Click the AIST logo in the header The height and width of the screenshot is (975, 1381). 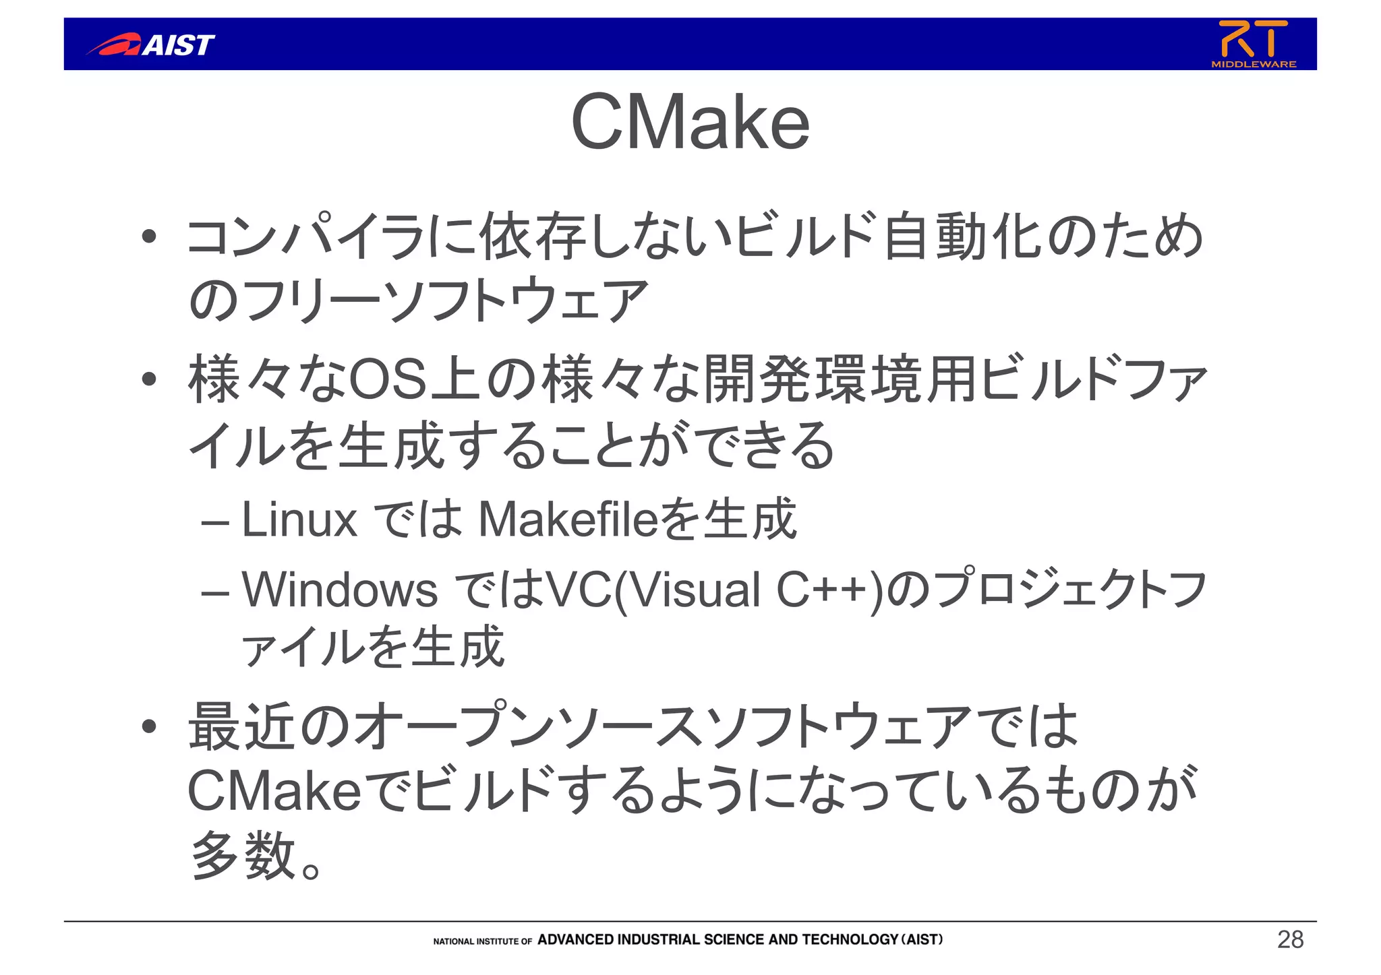[151, 44]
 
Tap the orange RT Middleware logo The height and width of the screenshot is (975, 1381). [1254, 43]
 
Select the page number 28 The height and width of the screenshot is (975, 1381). [1290, 939]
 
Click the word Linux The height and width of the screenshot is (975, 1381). [299, 520]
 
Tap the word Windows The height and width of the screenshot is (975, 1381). [340, 590]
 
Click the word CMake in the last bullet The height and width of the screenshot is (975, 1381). [275, 792]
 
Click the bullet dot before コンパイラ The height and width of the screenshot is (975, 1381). [149, 237]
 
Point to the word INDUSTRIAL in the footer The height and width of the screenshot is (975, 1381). [658, 939]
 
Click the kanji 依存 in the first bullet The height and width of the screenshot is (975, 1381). [533, 237]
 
